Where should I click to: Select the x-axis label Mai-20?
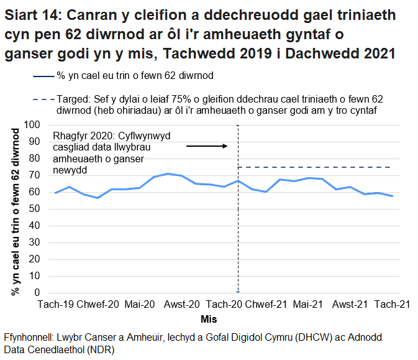tap(140, 304)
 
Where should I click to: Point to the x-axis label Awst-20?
tap(181, 304)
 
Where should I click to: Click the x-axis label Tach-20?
tap(224, 304)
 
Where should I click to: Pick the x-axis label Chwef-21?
tap(266, 304)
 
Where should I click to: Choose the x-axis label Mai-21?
tap(308, 304)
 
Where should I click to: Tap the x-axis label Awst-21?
tap(350, 304)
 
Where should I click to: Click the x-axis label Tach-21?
tap(391, 304)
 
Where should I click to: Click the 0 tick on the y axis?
tap(38, 293)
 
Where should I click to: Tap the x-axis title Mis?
tap(209, 319)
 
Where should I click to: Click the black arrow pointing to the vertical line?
tap(207, 146)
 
